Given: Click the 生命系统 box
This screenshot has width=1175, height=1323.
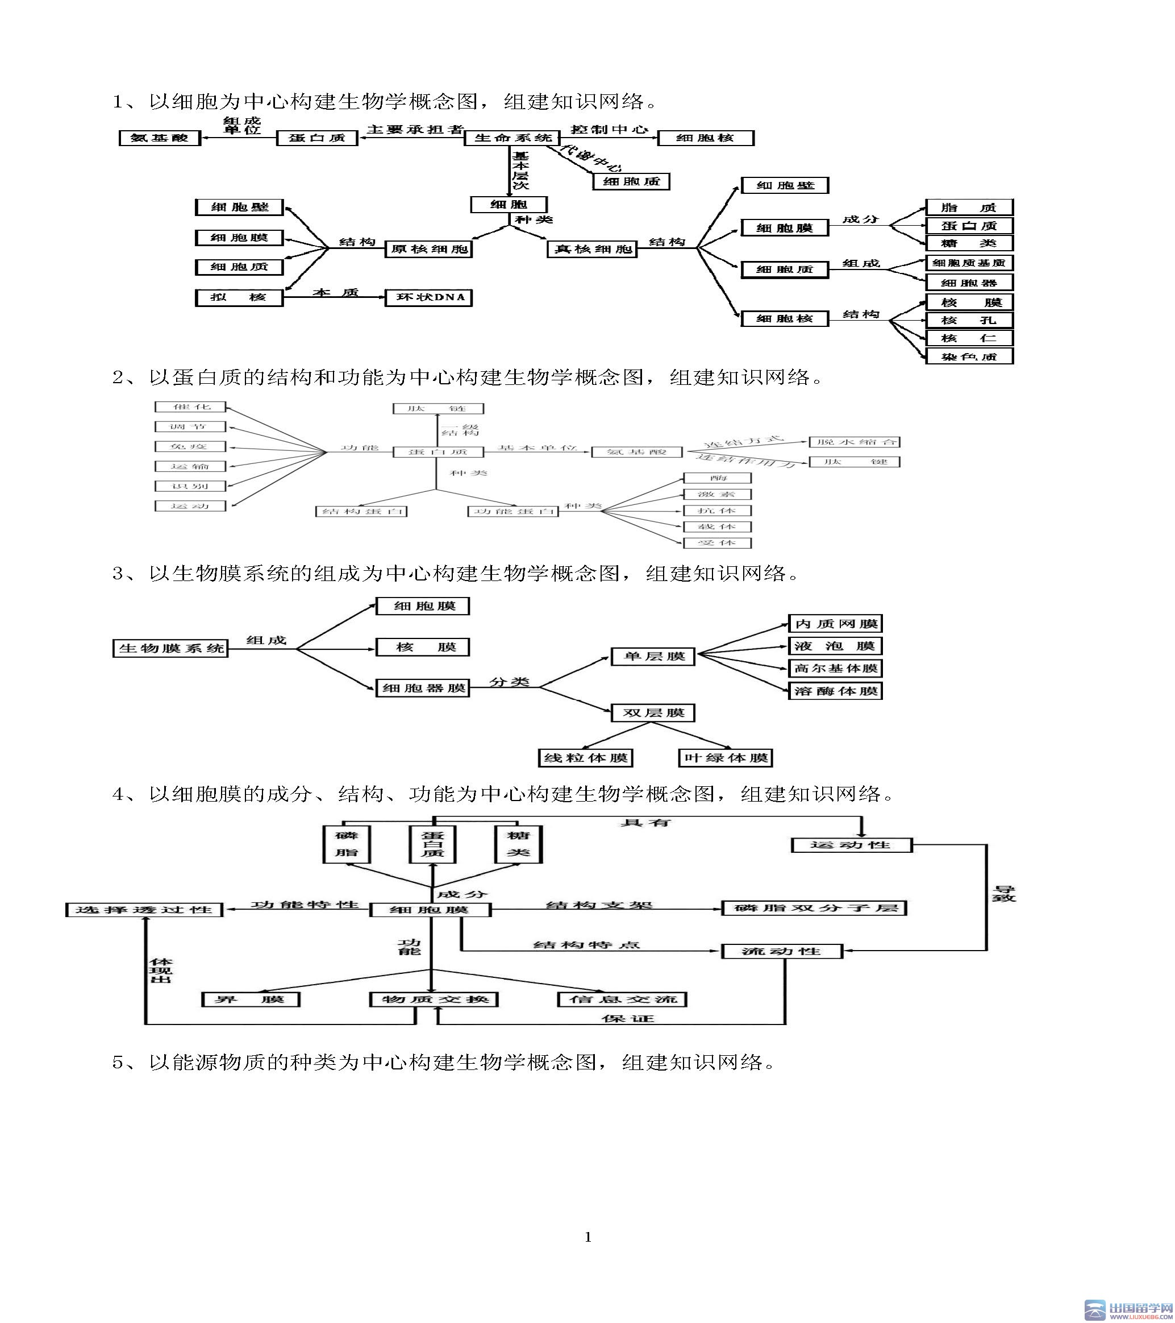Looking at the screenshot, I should click(x=512, y=138).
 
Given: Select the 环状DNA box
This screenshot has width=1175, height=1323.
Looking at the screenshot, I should click(x=428, y=298).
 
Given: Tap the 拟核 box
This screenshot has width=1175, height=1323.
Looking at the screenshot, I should click(x=239, y=298).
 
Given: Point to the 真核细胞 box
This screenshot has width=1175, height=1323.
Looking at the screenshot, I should click(x=592, y=249).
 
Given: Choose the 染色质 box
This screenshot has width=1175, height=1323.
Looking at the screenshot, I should click(x=969, y=356).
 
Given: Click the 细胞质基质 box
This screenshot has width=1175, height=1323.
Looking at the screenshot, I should click(x=969, y=263).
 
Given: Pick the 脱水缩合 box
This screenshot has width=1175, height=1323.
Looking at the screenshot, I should click(x=854, y=442).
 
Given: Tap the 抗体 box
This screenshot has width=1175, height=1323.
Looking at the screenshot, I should click(x=717, y=511).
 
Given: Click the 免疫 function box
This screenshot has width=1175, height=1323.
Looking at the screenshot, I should click(x=190, y=447).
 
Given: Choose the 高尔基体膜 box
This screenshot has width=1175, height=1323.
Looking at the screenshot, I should click(x=835, y=669).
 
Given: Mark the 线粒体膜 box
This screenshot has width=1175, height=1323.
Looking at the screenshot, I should click(x=586, y=758).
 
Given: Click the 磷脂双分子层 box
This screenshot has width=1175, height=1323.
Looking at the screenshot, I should click(x=814, y=908).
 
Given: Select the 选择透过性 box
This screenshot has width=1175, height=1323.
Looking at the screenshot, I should click(x=144, y=910).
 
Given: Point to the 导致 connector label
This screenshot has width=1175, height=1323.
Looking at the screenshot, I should click(x=1004, y=894).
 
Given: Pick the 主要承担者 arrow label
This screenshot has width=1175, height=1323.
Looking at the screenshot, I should click(x=414, y=130).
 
